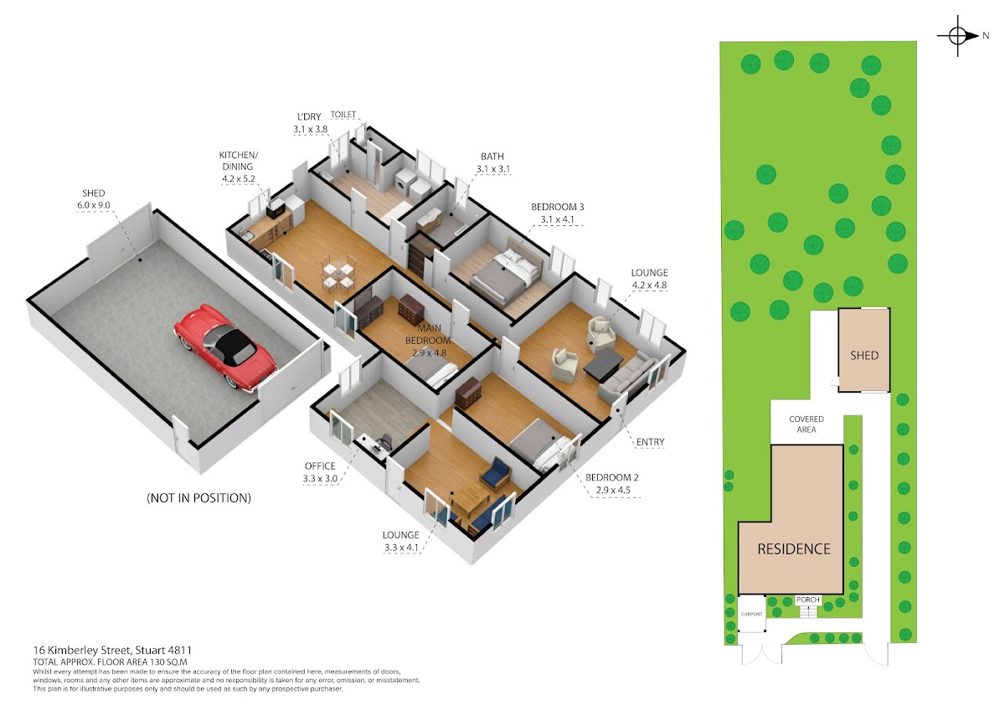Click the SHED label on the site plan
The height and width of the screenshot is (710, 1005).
click(864, 355)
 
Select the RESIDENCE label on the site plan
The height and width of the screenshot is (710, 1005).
click(794, 548)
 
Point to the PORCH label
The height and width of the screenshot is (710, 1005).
click(808, 599)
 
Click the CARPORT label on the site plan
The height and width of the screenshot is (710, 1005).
click(751, 614)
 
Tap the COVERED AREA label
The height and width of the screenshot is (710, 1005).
click(807, 424)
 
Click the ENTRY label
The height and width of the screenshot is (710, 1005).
click(650, 442)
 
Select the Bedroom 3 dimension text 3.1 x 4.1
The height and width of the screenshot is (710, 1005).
click(557, 219)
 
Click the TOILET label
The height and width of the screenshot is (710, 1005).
click(343, 115)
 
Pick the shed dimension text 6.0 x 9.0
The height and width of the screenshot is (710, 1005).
click(93, 205)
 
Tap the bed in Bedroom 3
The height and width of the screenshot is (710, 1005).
click(505, 269)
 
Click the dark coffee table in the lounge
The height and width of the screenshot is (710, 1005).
click(603, 365)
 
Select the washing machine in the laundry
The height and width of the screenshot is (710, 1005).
click(403, 185)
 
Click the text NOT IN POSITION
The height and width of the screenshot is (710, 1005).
click(198, 498)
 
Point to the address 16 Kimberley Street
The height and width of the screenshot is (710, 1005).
click(82, 650)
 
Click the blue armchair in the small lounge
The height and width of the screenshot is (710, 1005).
click(495, 472)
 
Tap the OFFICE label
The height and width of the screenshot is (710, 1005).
click(320, 466)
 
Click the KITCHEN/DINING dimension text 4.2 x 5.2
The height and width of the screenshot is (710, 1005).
click(238, 178)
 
